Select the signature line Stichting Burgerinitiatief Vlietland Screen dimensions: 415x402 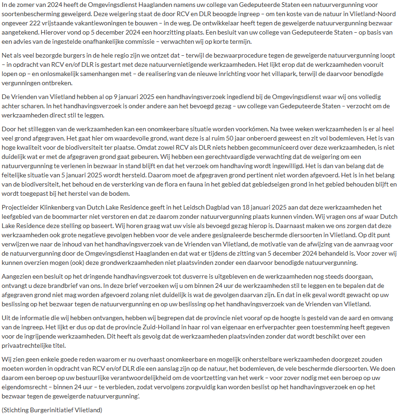52,409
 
